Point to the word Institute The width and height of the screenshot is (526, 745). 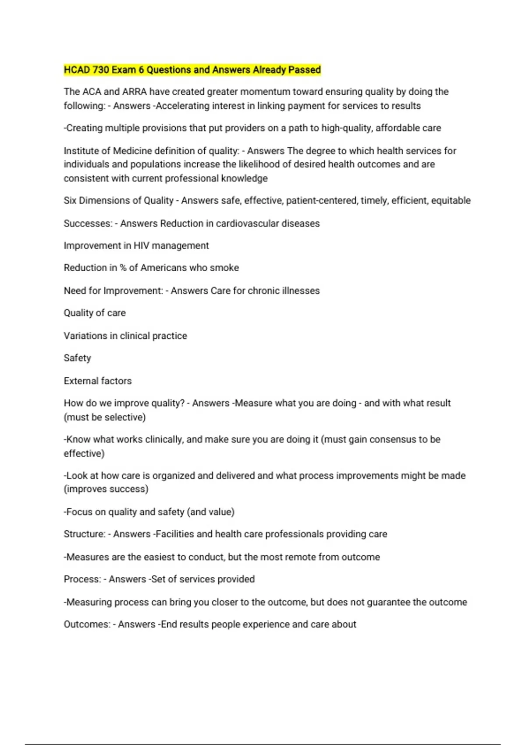click(87, 151)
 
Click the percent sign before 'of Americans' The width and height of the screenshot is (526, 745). click(123, 268)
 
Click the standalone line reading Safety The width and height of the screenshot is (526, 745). click(77, 358)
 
